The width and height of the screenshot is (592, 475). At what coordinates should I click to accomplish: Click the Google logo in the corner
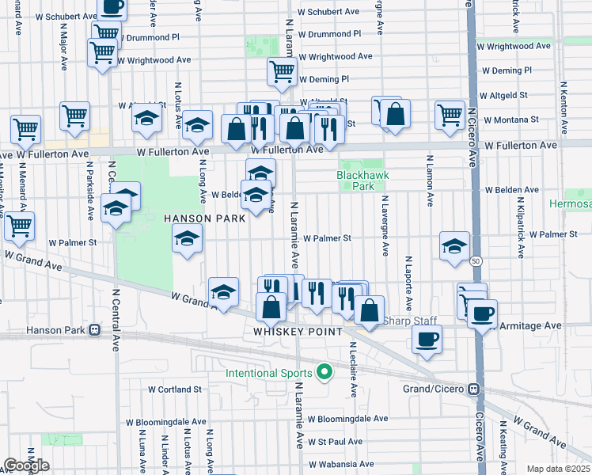(26, 465)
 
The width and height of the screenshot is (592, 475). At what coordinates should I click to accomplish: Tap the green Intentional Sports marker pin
(324, 370)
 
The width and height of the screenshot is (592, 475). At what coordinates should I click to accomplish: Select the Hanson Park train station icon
(94, 329)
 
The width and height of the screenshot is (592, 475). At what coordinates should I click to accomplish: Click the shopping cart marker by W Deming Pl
(282, 72)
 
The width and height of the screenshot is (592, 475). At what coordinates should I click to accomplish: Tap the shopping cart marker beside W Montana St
(450, 114)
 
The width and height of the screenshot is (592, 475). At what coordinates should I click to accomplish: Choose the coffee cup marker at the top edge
(112, 7)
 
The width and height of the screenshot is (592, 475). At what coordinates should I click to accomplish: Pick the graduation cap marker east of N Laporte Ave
(455, 247)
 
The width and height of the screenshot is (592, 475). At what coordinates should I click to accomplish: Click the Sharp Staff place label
(410, 321)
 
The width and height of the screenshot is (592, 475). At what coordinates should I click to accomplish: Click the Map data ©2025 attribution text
(559, 469)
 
